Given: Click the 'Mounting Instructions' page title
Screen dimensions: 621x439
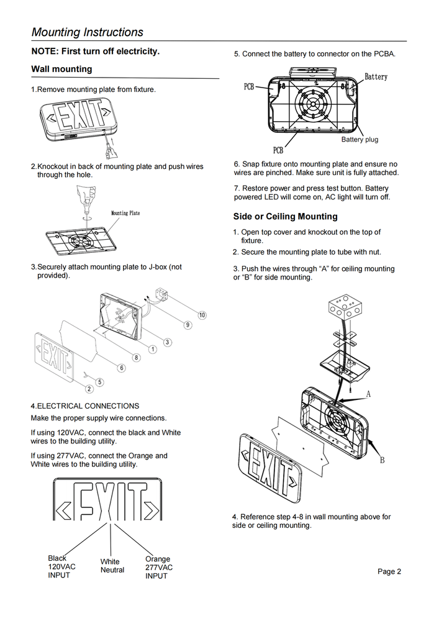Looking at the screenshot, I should click(x=88, y=32).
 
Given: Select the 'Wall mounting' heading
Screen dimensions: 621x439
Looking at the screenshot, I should click(x=61, y=69).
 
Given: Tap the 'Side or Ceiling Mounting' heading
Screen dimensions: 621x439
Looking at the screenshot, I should click(x=286, y=216).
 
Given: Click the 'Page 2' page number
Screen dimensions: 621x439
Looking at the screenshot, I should click(x=389, y=571).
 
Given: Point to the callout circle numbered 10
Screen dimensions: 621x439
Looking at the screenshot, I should click(x=202, y=315).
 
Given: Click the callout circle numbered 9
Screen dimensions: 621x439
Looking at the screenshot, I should click(x=188, y=325).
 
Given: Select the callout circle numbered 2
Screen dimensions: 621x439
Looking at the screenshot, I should click(x=89, y=389).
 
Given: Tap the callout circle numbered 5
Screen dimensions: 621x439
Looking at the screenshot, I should click(x=99, y=382).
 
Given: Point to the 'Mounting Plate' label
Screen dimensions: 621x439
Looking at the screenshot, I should click(x=125, y=213).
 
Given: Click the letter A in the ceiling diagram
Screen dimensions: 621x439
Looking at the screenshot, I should click(x=368, y=394).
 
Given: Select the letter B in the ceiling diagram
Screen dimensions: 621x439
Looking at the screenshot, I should click(x=382, y=460).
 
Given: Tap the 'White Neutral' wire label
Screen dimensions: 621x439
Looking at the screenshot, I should click(x=112, y=566).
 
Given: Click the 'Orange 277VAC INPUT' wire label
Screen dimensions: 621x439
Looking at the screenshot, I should click(x=159, y=568).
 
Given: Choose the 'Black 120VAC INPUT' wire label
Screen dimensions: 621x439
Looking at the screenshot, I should click(x=61, y=566).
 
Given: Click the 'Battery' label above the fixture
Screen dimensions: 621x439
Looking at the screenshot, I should click(x=376, y=77).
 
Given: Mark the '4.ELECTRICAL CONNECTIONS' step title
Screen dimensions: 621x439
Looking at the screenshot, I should click(x=85, y=406).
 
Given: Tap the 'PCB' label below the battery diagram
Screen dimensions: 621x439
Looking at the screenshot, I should click(x=278, y=150).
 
